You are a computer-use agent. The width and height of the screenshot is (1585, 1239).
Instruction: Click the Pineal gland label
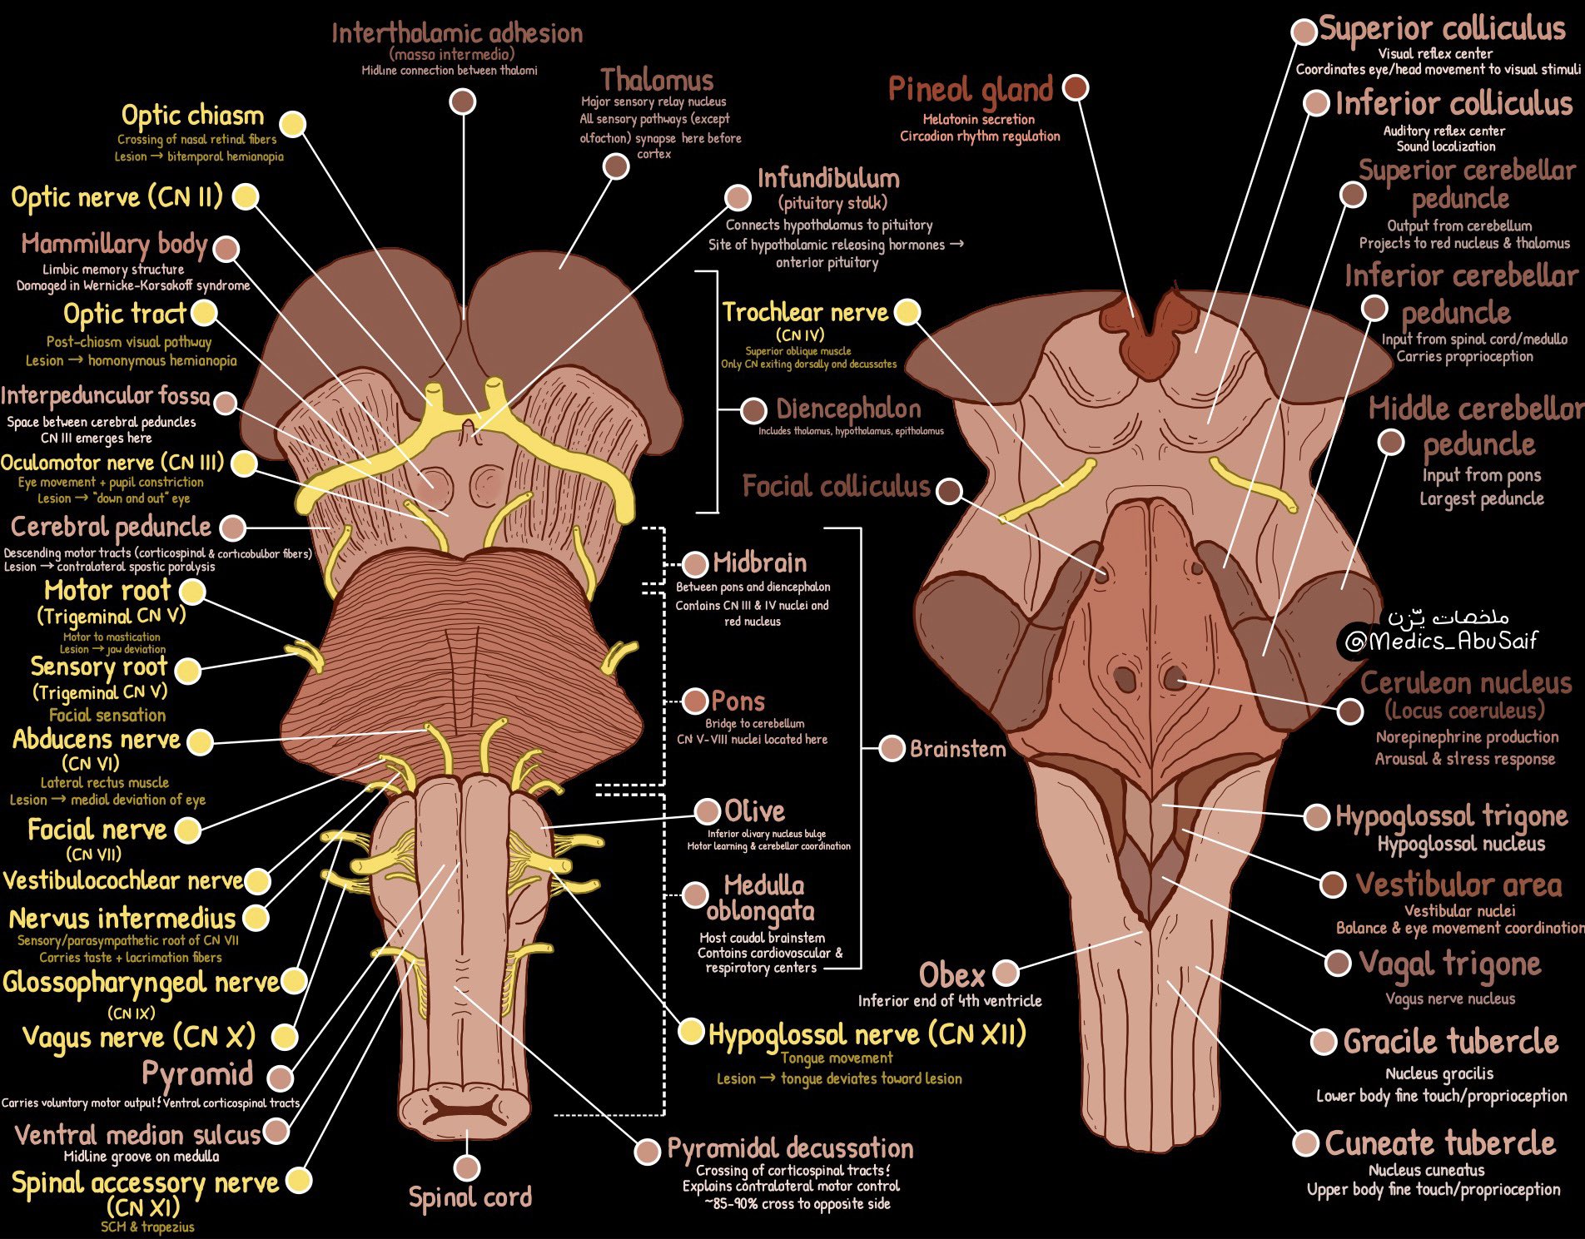[970, 90]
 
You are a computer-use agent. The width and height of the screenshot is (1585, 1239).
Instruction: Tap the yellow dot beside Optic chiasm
[292, 124]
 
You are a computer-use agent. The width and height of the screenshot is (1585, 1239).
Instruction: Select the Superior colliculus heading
[1442, 28]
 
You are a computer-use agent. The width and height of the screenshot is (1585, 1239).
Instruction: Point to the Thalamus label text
[657, 80]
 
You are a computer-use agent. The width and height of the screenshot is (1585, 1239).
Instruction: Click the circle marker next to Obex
[1006, 972]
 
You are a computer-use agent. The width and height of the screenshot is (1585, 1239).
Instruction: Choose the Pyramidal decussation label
[790, 1148]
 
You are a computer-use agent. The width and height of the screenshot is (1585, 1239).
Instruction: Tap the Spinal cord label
[470, 1197]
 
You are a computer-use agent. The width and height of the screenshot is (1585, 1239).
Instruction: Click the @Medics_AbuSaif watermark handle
[1441, 640]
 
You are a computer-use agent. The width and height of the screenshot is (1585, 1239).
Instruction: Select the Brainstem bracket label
[957, 749]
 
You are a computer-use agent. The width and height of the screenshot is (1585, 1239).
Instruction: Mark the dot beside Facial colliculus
[949, 490]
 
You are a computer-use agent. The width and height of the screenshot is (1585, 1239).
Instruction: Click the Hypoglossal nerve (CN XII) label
[867, 1034]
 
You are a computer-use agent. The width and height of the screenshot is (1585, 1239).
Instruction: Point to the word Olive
[754, 810]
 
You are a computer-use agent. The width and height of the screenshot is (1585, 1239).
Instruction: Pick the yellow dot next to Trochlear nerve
[907, 312]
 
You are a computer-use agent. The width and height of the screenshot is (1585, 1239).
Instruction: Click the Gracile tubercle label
[1450, 1042]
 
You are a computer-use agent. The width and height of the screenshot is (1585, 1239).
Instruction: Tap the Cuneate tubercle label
[1440, 1143]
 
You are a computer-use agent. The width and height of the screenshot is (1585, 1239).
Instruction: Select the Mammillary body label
[114, 245]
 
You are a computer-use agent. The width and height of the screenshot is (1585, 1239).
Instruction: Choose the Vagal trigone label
[1449, 964]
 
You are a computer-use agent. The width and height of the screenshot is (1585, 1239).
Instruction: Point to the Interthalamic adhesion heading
[457, 33]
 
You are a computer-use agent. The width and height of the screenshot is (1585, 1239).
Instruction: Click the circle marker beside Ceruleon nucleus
[1349, 711]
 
